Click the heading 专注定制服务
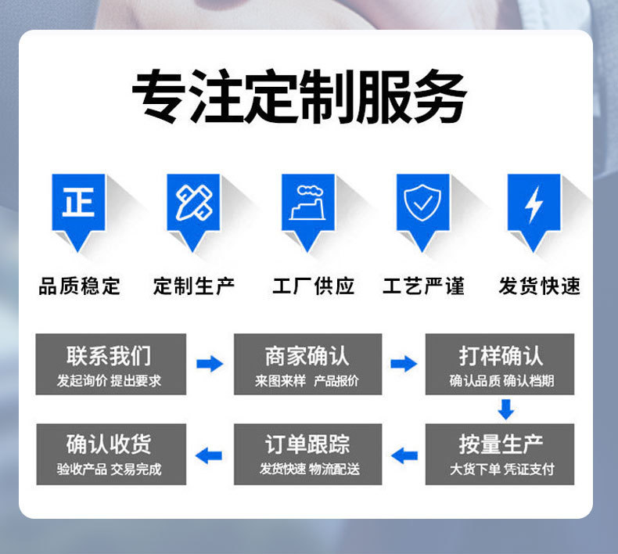(299, 99)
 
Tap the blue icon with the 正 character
(78, 204)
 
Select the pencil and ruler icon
(193, 204)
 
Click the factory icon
(307, 204)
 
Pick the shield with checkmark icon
(422, 204)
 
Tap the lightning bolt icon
(534, 204)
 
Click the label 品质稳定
(80, 286)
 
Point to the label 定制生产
(194, 286)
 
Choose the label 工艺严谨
(423, 286)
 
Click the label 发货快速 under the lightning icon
(540, 286)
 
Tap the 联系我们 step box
(110, 365)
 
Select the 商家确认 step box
(307, 365)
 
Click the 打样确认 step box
(500, 365)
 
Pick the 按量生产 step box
(500, 454)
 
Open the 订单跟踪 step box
(307, 454)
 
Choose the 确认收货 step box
(110, 454)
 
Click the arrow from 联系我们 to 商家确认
(209, 364)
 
